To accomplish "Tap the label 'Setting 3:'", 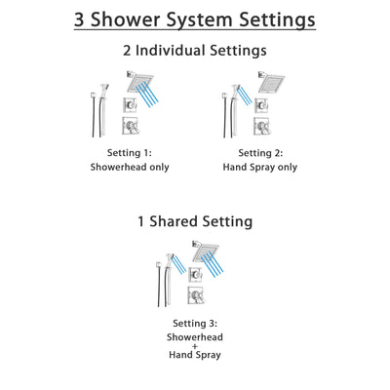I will pos(195,323).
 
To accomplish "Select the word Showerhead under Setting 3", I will pos(195,336).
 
